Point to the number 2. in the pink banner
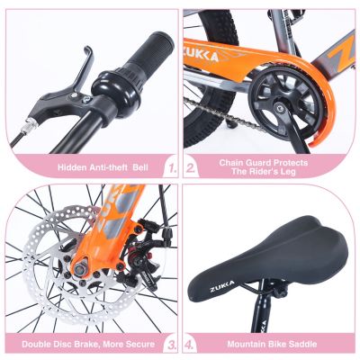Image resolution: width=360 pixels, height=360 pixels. [191, 166]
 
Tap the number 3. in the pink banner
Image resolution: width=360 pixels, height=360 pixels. [170, 343]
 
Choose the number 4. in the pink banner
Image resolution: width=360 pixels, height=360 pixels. [191, 343]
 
